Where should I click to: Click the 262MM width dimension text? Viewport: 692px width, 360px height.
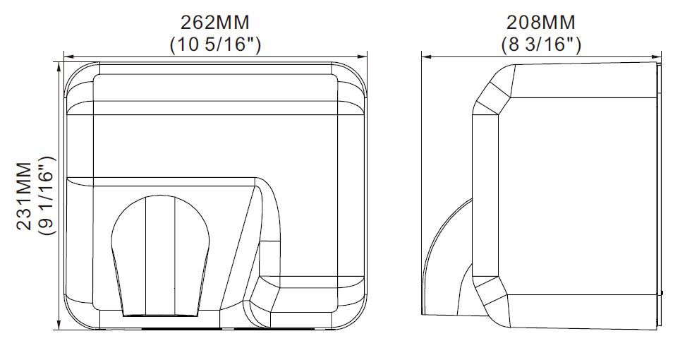tap(215, 22)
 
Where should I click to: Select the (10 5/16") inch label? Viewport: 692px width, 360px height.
tap(215, 44)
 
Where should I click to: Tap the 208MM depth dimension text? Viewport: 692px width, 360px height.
tap(540, 22)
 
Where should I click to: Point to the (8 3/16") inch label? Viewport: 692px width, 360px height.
tap(541, 44)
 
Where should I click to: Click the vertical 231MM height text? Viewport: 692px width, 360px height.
tap(24, 196)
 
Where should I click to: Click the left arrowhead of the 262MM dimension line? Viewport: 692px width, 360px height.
tap(68, 57)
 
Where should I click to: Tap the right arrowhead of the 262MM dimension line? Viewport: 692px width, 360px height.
tap(363, 57)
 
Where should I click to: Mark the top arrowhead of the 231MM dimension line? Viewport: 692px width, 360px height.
tap(59, 66)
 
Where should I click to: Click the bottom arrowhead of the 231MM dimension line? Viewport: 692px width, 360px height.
tap(59, 325)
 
